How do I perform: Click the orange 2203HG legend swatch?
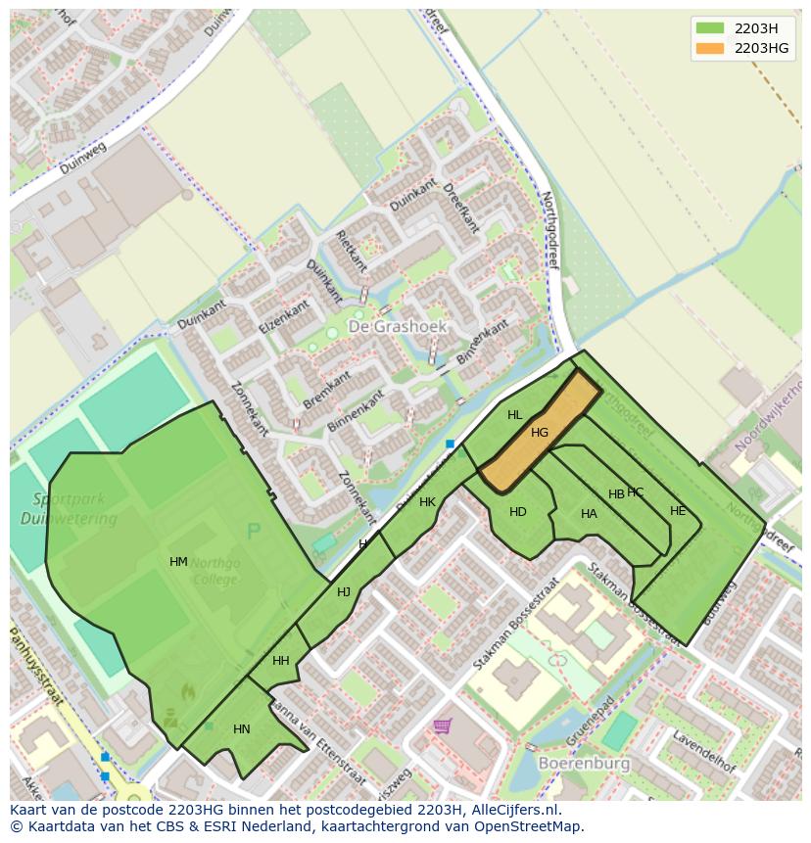click(x=711, y=48)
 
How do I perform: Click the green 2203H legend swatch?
click(x=711, y=27)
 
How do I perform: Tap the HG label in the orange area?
click(x=540, y=433)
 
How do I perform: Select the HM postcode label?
click(x=178, y=562)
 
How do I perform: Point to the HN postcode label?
click(x=242, y=729)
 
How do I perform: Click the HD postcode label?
click(x=518, y=512)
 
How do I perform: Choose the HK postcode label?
click(x=427, y=502)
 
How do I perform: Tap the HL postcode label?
click(x=515, y=415)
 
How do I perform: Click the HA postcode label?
click(x=589, y=514)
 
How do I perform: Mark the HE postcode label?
click(x=678, y=511)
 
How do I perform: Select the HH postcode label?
click(x=281, y=661)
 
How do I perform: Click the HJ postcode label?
click(x=344, y=592)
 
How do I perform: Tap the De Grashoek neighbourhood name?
click(x=398, y=326)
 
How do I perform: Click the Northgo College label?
click(x=215, y=571)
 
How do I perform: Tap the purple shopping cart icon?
click(x=443, y=726)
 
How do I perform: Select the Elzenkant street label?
click(x=285, y=316)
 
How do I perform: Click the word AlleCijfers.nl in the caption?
click(x=512, y=811)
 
